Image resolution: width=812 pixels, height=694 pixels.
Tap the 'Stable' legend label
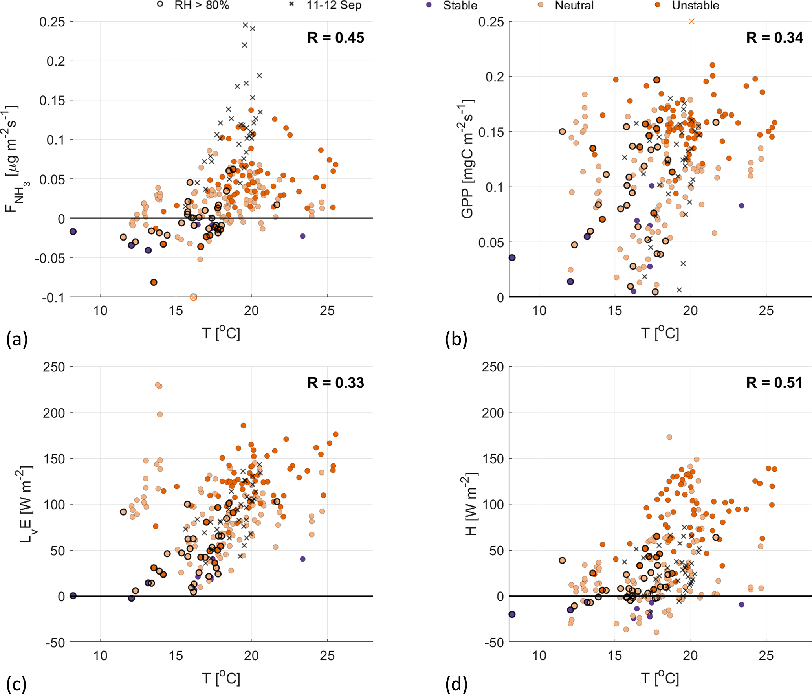tap(460, 5)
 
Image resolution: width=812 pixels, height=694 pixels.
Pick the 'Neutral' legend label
tap(574, 5)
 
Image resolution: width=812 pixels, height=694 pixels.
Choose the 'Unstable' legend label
tap(695, 5)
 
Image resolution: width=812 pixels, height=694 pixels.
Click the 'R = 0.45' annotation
tap(335, 38)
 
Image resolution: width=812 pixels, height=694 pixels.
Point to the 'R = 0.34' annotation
tap(774, 38)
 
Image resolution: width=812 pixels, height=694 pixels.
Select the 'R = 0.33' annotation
tap(335, 383)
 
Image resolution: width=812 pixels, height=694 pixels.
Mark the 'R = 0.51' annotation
tap(774, 383)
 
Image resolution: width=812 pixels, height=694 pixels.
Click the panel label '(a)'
tap(16, 339)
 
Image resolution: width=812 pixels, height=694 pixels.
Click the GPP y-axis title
tap(467, 159)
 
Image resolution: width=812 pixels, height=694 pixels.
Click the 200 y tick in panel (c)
tap(54, 413)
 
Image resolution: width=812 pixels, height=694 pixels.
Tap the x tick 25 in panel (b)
tap(766, 311)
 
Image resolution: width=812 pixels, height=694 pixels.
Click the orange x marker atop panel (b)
tap(691, 22)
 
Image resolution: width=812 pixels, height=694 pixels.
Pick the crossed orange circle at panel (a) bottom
tap(193, 297)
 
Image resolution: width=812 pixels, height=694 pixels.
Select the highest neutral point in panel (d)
tap(669, 437)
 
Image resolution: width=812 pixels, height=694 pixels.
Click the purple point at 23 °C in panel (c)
tap(302, 559)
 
